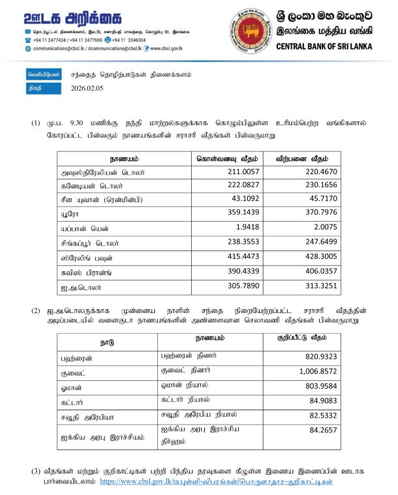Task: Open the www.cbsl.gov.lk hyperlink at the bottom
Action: click(215, 482)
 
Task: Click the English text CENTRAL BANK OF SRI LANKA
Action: click(324, 46)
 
